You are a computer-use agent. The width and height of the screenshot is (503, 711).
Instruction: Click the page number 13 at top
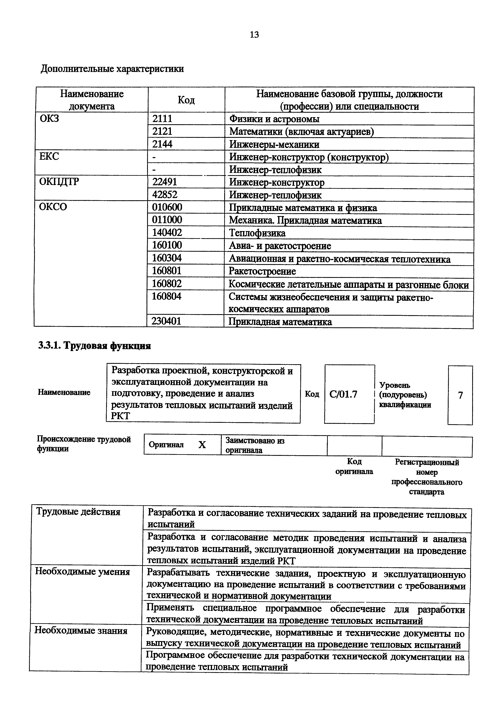[254, 35]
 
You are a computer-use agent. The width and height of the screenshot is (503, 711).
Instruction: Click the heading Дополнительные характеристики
[112, 69]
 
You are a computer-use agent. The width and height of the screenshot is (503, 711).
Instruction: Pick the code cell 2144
[162, 144]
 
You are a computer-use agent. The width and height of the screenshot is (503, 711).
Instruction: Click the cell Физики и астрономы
[274, 119]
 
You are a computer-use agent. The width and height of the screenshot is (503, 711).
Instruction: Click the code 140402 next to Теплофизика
[167, 232]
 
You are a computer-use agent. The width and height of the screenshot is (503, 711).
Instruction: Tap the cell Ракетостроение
[262, 271]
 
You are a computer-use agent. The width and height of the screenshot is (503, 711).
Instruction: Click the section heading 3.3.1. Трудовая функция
[95, 346]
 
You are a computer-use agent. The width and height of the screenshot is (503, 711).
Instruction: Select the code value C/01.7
[343, 394]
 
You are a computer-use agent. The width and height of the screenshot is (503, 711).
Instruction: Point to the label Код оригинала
[354, 466]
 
